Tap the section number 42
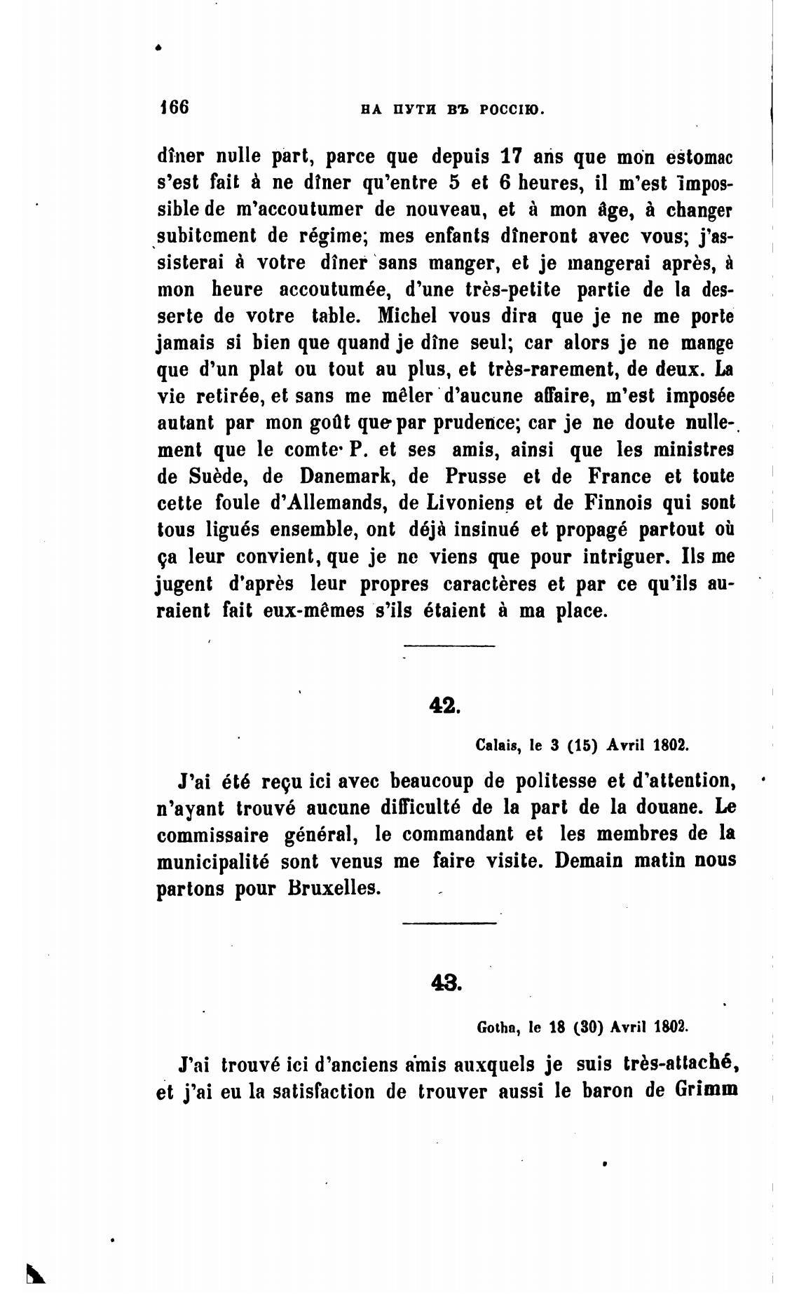click(444, 705)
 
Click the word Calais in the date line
click(497, 745)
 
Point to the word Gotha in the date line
click(497, 1028)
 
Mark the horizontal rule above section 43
click(449, 922)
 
